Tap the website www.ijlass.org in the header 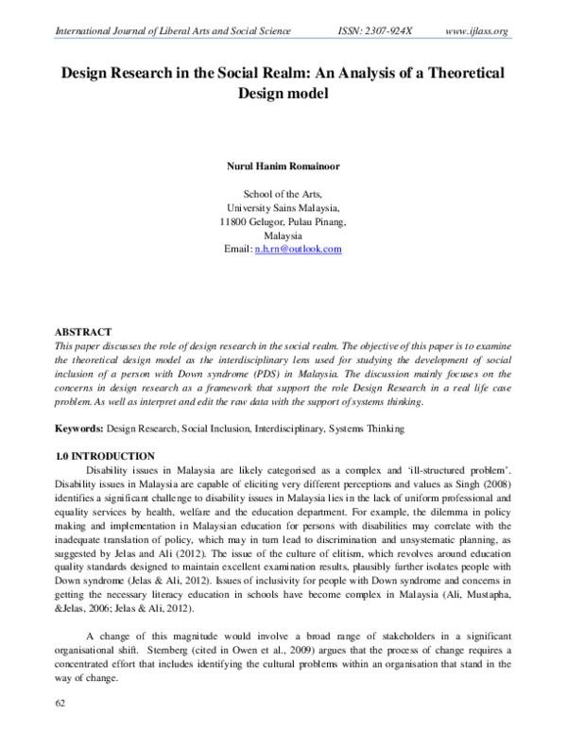(476, 31)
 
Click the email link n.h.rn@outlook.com (299, 249)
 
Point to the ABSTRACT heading (84, 333)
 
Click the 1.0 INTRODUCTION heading (107, 456)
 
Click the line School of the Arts (283, 196)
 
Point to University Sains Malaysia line (283, 209)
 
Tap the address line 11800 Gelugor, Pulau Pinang (283, 222)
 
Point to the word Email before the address (237, 249)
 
